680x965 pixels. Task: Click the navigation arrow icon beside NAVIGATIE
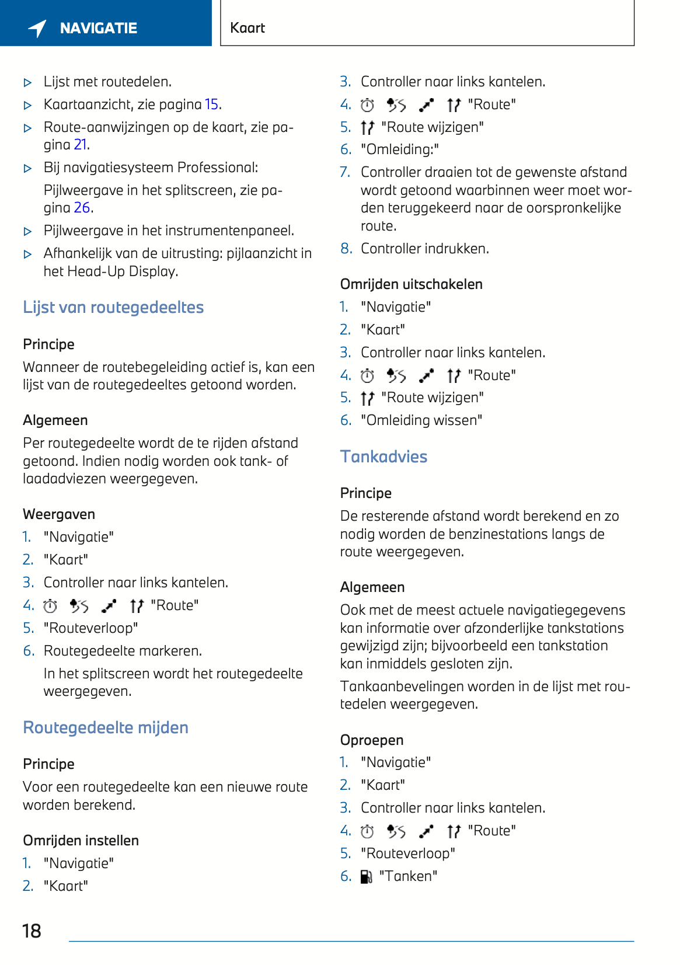point(37,28)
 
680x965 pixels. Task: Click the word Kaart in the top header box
point(247,28)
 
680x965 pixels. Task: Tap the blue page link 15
point(211,104)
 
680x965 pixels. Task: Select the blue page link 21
point(81,145)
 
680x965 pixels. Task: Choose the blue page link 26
point(82,208)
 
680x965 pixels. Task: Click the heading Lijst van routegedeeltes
point(113,308)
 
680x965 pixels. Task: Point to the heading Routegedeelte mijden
point(106,728)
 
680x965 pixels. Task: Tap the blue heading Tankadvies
point(383,457)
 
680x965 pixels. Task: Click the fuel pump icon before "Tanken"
point(367,877)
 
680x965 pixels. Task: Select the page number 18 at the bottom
point(32,931)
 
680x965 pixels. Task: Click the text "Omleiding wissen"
point(421,420)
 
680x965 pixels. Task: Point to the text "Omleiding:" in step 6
point(400,149)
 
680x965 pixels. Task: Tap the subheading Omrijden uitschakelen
point(412,284)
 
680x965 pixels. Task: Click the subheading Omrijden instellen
point(81,841)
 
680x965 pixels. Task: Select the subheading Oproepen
point(372,740)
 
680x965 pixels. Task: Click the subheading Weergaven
point(59,514)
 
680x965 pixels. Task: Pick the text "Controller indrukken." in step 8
point(425,249)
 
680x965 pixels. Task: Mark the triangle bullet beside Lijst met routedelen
point(27,83)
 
